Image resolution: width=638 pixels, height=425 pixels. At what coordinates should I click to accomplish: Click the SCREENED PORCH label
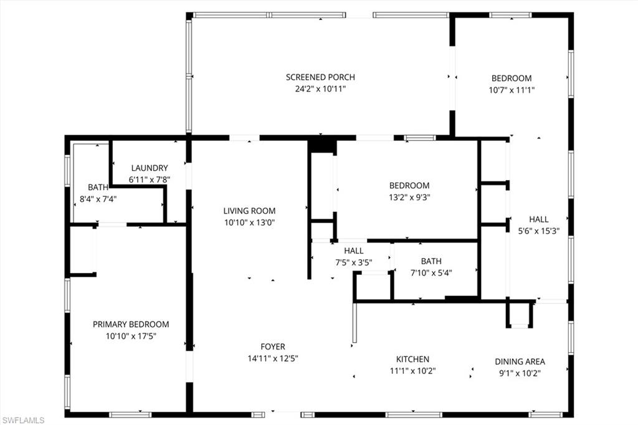[320, 77]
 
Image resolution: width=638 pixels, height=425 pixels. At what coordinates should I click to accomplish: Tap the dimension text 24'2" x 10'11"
[320, 89]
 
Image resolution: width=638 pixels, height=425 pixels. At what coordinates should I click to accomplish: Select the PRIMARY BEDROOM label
[131, 324]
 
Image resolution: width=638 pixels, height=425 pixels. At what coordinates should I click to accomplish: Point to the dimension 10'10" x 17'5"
[131, 336]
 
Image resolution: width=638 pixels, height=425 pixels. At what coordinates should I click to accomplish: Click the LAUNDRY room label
[150, 168]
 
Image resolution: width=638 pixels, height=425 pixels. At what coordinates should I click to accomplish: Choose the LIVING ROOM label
[249, 211]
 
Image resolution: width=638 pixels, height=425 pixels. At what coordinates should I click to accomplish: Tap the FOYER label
[273, 346]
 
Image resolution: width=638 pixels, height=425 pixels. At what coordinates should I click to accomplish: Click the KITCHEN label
[412, 359]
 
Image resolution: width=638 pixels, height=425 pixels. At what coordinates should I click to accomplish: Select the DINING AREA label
[520, 361]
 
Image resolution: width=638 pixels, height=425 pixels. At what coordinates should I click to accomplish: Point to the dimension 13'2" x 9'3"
[409, 197]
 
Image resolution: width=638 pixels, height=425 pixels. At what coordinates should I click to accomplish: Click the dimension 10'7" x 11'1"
[512, 90]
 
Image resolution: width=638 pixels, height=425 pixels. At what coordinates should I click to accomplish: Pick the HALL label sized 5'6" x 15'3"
[539, 219]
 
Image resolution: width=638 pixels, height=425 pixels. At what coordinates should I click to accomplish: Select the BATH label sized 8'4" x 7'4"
[98, 187]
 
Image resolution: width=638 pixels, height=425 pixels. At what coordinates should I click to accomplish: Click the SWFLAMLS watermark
[23, 419]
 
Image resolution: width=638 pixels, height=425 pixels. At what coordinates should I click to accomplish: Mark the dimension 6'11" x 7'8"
[150, 179]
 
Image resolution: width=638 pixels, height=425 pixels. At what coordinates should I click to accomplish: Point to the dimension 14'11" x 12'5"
[273, 358]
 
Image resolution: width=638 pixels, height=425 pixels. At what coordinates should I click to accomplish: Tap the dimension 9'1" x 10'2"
[520, 373]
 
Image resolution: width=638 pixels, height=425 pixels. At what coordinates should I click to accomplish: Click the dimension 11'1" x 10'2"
[412, 371]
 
